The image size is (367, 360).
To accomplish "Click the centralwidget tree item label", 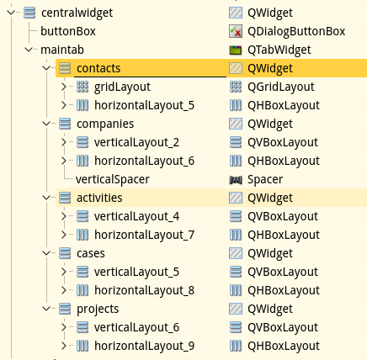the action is pyautogui.click(x=77, y=13).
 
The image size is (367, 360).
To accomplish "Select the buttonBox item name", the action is pyautogui.click(x=68, y=31).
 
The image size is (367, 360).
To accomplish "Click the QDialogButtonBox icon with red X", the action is pyautogui.click(x=236, y=31).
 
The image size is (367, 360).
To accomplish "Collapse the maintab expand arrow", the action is pyautogui.click(x=29, y=50).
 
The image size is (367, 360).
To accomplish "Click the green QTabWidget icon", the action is pyautogui.click(x=236, y=50).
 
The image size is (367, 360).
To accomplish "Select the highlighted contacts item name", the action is pyautogui.click(x=98, y=68).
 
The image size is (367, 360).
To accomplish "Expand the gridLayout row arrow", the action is pyautogui.click(x=64, y=87).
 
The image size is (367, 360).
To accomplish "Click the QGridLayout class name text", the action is pyautogui.click(x=280, y=87).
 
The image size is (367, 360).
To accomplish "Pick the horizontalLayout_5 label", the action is pyautogui.click(x=144, y=105).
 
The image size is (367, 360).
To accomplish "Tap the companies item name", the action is pyautogui.click(x=105, y=124).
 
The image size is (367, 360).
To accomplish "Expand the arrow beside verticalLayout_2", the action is pyautogui.click(x=64, y=142).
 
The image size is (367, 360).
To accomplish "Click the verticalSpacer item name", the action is pyautogui.click(x=113, y=179).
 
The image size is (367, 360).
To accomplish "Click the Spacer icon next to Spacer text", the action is pyautogui.click(x=236, y=180).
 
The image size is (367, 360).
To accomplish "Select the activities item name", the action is pyautogui.click(x=99, y=198).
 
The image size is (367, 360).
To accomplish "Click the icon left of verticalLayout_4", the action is pyautogui.click(x=82, y=216).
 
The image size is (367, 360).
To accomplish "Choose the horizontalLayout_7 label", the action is pyautogui.click(x=144, y=235).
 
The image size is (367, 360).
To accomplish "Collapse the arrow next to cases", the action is pyautogui.click(x=46, y=253).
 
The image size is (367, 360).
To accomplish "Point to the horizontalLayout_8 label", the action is pyautogui.click(x=144, y=290).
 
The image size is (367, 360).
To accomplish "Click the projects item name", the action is pyautogui.click(x=98, y=309).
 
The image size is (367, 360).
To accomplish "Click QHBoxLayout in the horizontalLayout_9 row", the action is pyautogui.click(x=284, y=346).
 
